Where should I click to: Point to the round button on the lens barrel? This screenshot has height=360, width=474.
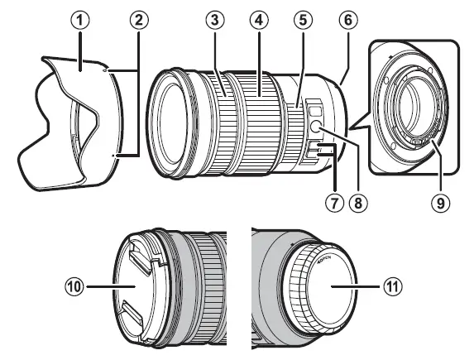click(x=316, y=126)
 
